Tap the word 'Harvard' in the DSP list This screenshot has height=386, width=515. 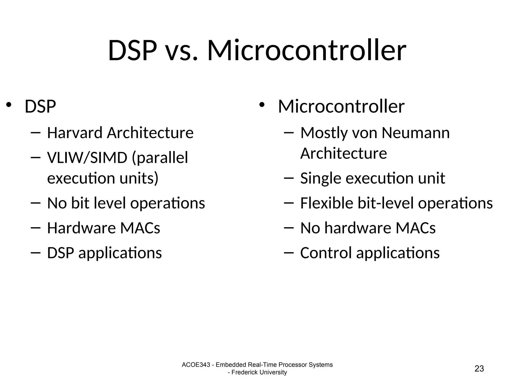tap(75, 133)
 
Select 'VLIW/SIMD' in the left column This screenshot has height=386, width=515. tap(87, 158)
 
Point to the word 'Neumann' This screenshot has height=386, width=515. tap(415, 133)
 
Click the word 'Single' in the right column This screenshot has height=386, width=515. tap(321, 178)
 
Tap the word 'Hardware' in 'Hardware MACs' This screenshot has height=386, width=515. tap(81, 228)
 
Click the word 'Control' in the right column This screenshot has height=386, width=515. tap(326, 253)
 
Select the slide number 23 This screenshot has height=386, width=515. tap(479, 368)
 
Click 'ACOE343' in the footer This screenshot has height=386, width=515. tap(196, 365)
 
